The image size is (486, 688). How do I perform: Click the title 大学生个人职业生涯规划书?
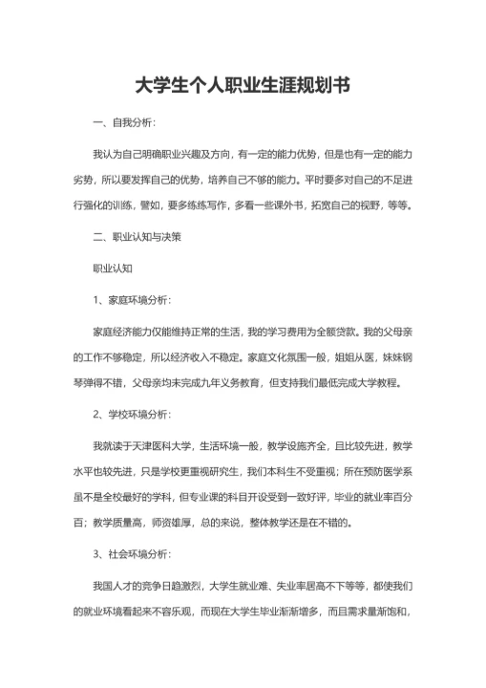[243, 86]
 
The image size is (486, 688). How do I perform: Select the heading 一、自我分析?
[122, 124]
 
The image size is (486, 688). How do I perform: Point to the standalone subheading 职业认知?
[112, 269]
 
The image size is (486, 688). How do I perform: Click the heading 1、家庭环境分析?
[132, 301]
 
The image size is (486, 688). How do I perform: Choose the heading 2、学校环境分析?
[132, 414]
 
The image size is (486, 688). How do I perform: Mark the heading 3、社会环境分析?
[132, 553]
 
